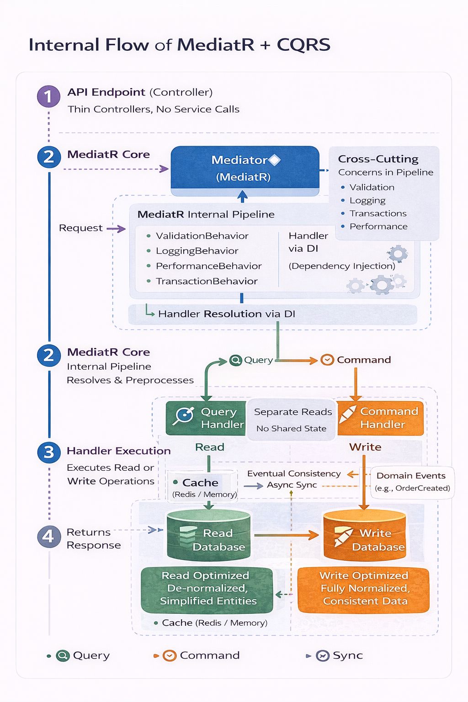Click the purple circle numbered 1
click(x=48, y=96)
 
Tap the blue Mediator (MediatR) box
click(x=245, y=168)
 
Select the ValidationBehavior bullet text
click(x=202, y=236)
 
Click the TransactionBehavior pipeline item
click(x=207, y=281)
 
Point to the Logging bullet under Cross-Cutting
click(x=367, y=200)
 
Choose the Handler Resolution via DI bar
click(x=272, y=314)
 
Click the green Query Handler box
click(x=206, y=418)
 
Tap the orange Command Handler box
click(x=380, y=418)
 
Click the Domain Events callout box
click(x=412, y=482)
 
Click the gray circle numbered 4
click(x=48, y=537)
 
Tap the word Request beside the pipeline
click(x=80, y=228)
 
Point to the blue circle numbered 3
click(x=48, y=452)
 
